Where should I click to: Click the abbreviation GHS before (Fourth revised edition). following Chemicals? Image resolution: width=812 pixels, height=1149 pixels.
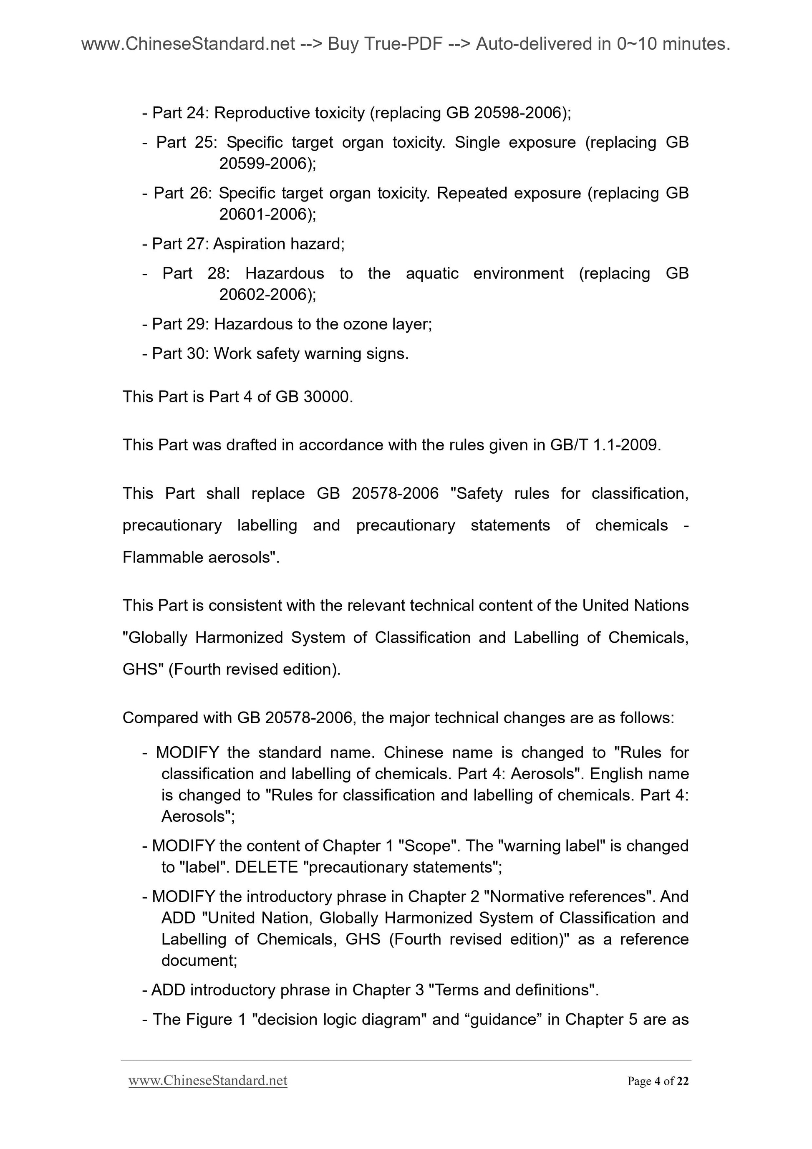click(140, 669)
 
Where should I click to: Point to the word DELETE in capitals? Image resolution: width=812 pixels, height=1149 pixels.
click(266, 867)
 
